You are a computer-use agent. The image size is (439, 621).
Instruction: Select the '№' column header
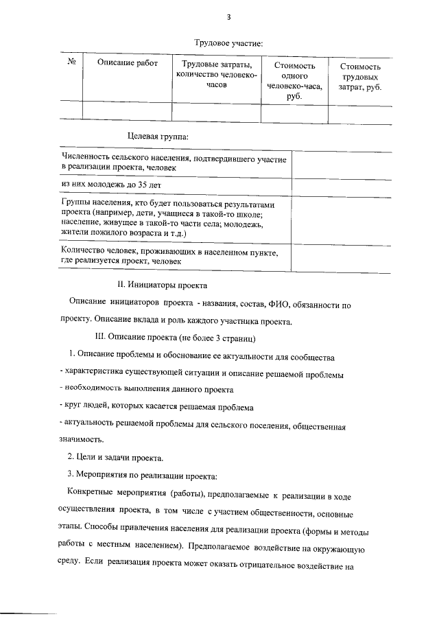point(71,62)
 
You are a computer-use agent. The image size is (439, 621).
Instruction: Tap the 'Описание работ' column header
point(128,63)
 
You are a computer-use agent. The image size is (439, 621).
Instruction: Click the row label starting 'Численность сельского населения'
point(174,163)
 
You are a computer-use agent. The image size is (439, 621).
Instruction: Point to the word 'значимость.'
point(82,440)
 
